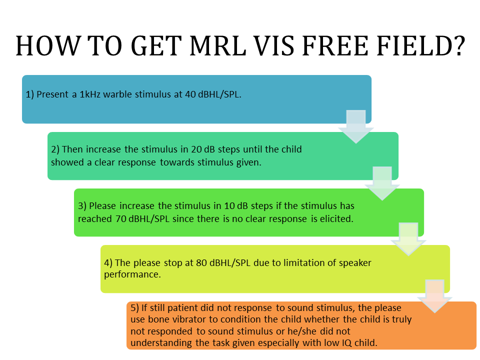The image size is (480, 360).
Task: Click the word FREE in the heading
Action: pyautogui.click(x=339, y=47)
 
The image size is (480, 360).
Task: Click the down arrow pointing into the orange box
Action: pyautogui.click(x=434, y=295)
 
